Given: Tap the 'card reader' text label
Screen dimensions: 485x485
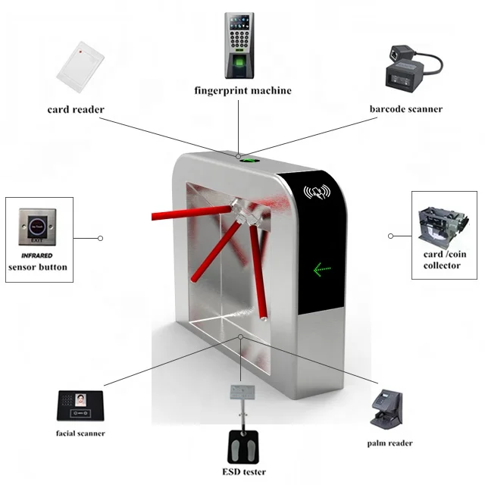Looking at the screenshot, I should tap(76, 109).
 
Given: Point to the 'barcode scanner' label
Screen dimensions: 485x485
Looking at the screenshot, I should tap(405, 109).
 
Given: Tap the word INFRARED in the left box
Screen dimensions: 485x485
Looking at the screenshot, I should tap(37, 256).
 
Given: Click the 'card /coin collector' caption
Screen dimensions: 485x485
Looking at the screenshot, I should tap(442, 260).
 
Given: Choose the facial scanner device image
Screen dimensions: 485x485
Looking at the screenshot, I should tap(80, 405).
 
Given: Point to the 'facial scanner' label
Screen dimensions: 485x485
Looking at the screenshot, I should tap(80, 433).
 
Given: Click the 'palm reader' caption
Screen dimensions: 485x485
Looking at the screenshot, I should tap(390, 443).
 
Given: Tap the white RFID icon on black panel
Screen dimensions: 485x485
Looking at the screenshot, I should tap(316, 192).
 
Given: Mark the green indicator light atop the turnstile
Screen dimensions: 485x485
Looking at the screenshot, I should tap(247, 160).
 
